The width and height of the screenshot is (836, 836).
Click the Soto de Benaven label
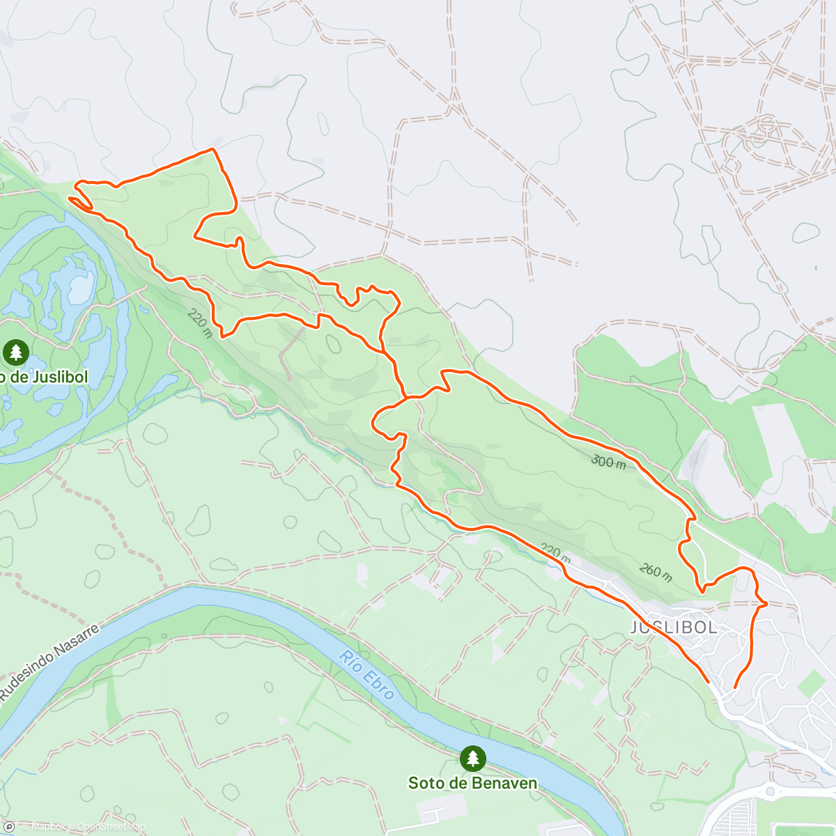[x=472, y=783]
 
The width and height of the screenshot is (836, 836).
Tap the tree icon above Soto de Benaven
[x=473, y=758]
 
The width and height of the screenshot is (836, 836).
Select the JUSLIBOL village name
[x=673, y=627]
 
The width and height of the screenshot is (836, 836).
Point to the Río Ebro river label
[x=367, y=675]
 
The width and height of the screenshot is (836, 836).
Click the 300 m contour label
[x=608, y=461]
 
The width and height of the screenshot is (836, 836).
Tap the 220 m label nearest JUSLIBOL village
[x=555, y=554]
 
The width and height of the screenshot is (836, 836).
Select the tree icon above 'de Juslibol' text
[x=15, y=352]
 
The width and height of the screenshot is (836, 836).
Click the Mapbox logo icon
[x=10, y=826]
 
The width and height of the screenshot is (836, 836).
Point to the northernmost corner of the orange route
[x=212, y=149]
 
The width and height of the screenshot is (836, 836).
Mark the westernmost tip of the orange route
[x=69, y=199]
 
